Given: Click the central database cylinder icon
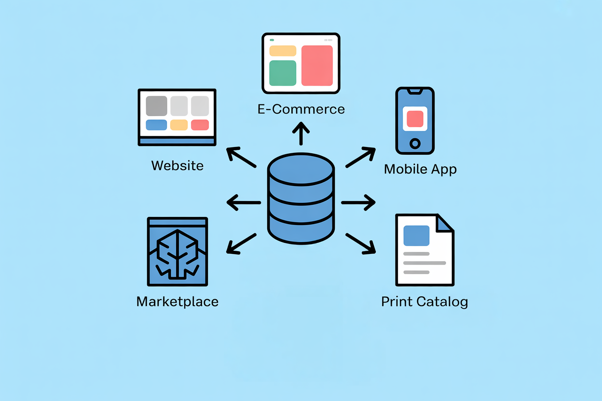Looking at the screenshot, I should tap(301, 199).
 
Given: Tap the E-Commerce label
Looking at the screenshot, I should tap(301, 109).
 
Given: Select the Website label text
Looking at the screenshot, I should tap(178, 166).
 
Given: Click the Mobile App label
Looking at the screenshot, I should tap(420, 169).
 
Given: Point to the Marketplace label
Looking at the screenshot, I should tap(178, 302).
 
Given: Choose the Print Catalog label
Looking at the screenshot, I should tap(424, 302).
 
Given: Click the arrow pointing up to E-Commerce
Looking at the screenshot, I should tap(301, 134).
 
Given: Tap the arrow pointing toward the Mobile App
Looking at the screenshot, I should tap(361, 157).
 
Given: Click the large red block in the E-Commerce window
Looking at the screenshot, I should tap(317, 66).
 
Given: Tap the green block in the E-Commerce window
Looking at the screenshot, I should tap(283, 73).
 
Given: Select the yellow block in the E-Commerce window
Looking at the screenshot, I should tap(283, 51).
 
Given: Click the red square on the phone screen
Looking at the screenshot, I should tap(415, 119).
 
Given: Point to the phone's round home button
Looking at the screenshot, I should tap(415, 144).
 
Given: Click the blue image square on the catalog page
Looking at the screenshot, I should tap(416, 236).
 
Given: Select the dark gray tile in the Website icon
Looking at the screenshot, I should tap(156, 106).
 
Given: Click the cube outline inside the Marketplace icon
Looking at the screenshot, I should tap(178, 253).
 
